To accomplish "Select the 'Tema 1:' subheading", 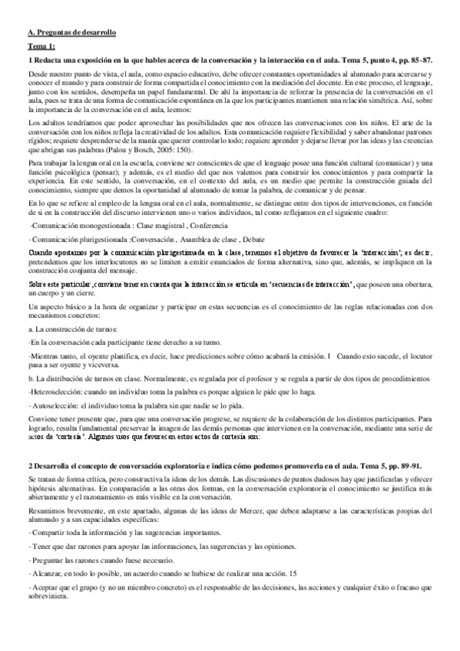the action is tap(39, 47).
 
